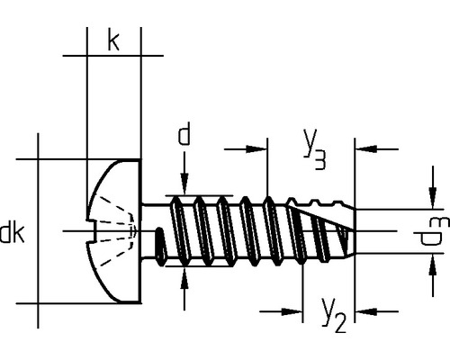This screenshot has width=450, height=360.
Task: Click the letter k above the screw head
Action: [113, 41]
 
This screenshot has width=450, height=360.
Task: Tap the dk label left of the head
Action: [12, 234]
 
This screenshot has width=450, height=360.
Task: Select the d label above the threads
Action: [184, 134]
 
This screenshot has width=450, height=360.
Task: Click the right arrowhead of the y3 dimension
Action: [366, 150]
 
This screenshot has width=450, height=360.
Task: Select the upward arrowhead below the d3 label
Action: [427, 262]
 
